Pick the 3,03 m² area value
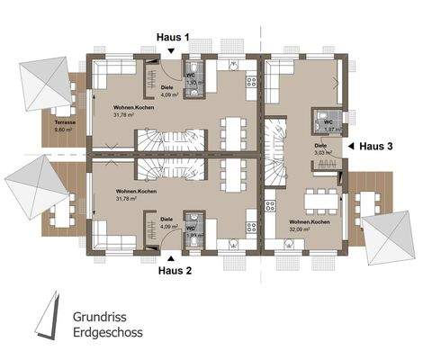(x=323, y=154)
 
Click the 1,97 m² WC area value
(x=329, y=129)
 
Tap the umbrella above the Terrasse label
(x=42, y=82)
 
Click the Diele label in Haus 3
(x=320, y=145)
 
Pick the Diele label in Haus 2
(x=166, y=218)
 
